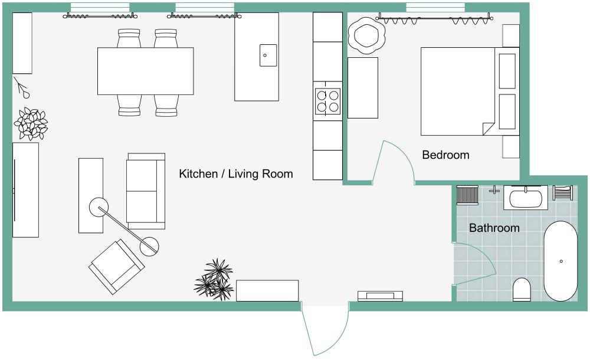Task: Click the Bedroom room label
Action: pyautogui.click(x=445, y=155)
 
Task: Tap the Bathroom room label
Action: pyautogui.click(x=494, y=228)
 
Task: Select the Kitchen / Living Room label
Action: pyautogui.click(x=236, y=174)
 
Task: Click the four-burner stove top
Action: pyautogui.click(x=327, y=102)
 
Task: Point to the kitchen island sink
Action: pyautogui.click(x=268, y=55)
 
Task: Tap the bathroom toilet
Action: pyautogui.click(x=522, y=289)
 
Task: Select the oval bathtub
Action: pyautogui.click(x=560, y=261)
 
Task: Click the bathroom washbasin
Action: pyautogui.click(x=525, y=198)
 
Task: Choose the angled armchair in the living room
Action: pyautogui.click(x=117, y=266)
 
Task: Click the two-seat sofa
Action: pyautogui.click(x=146, y=191)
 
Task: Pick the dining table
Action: pyautogui.click(x=146, y=71)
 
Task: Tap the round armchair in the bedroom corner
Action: pyautogui.click(x=366, y=36)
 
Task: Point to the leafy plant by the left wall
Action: pyautogui.click(x=31, y=124)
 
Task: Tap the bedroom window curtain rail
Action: pyautogui.click(x=434, y=17)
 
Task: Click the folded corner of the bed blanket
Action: pyautogui.click(x=489, y=129)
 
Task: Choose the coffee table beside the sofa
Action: pyautogui.click(x=91, y=195)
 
